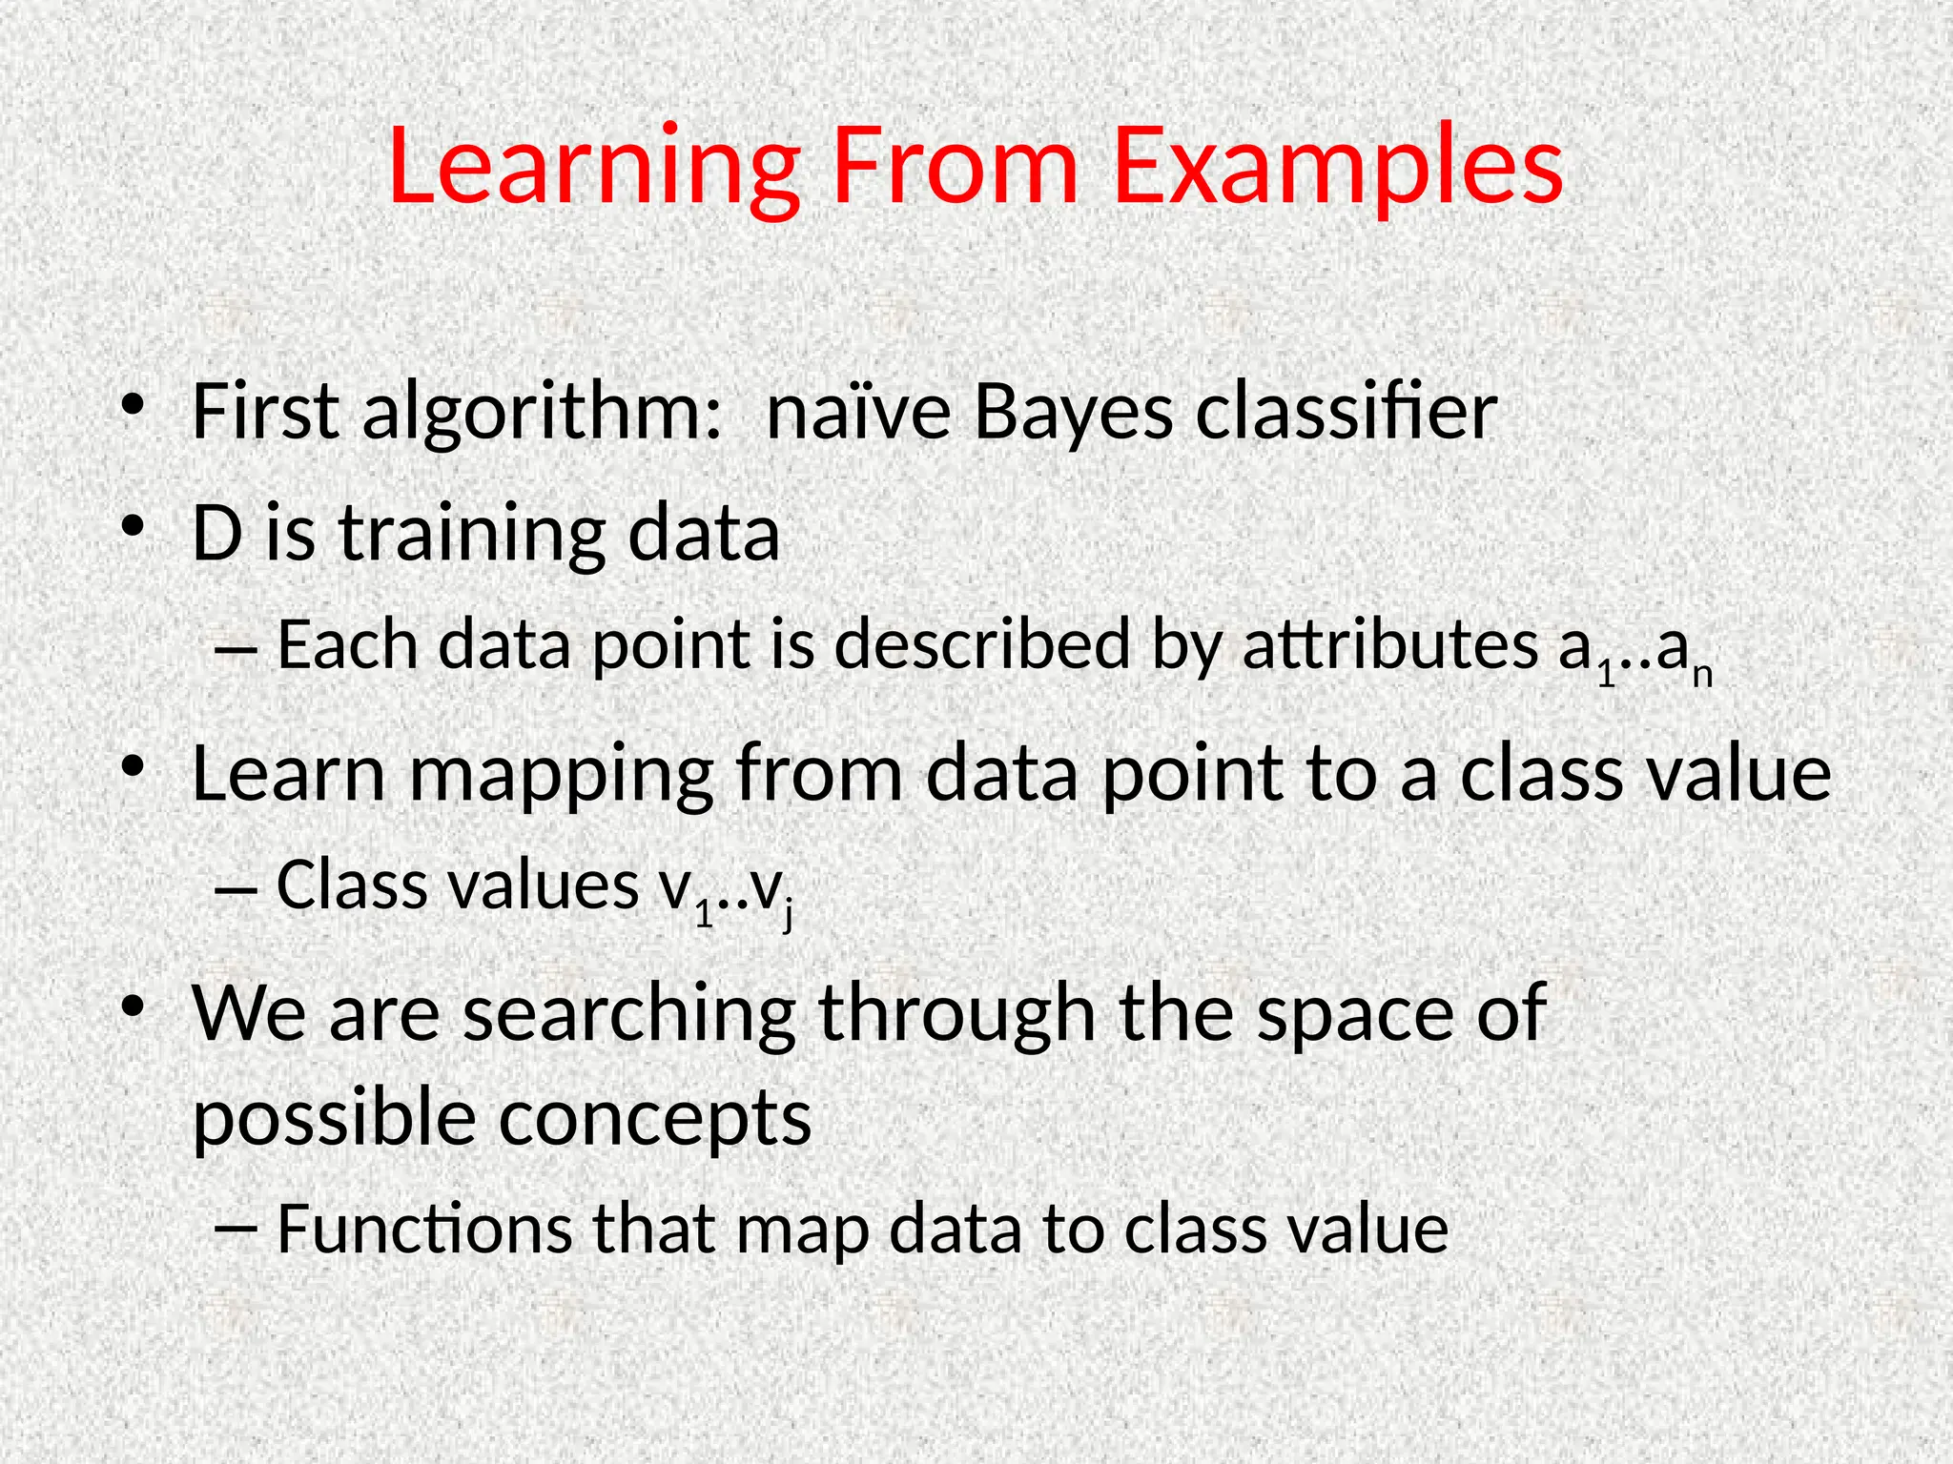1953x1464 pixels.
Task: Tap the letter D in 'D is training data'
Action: (216, 533)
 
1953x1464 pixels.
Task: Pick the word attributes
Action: (1390, 645)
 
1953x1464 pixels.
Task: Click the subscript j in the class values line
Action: (788, 917)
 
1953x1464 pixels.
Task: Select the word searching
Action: (629, 1015)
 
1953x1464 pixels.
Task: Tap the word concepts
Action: (655, 1118)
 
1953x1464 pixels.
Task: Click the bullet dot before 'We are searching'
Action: (133, 1006)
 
